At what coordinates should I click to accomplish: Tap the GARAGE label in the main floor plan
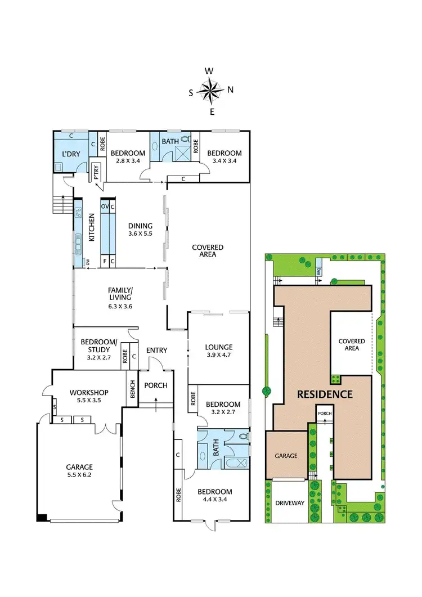[79, 467]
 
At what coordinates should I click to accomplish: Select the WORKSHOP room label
[88, 392]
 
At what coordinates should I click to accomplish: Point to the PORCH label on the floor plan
[155, 385]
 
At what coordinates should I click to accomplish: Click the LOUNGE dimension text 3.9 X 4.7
[219, 356]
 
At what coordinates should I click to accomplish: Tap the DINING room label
[140, 226]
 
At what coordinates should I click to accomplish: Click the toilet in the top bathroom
[185, 141]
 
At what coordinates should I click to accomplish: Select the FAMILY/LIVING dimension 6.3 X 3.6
[120, 306]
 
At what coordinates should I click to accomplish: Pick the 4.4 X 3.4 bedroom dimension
[214, 500]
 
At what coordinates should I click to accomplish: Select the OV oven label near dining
[105, 207]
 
